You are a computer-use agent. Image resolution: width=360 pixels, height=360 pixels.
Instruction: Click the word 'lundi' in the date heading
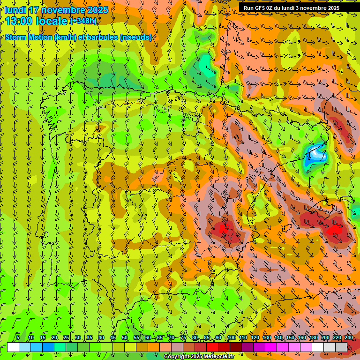(x=15, y=10)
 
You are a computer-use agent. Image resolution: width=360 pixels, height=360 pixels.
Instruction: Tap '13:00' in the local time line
(x=19, y=21)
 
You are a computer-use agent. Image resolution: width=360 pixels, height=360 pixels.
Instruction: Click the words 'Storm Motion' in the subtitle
(x=28, y=37)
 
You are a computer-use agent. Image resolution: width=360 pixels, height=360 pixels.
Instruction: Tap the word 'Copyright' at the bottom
(x=176, y=357)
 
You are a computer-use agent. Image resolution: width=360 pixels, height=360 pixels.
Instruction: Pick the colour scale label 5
(x=18, y=338)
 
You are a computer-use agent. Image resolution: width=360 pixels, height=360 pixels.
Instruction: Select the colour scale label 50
(x=125, y=338)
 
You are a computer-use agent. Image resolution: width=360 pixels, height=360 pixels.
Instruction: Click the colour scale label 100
(x=231, y=338)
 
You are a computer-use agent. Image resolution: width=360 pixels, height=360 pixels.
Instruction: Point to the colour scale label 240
(x=348, y=338)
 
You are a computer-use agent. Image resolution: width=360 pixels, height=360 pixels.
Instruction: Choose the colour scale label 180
(x=313, y=338)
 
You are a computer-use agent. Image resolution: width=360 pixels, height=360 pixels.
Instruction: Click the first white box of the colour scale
(x=13, y=347)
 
